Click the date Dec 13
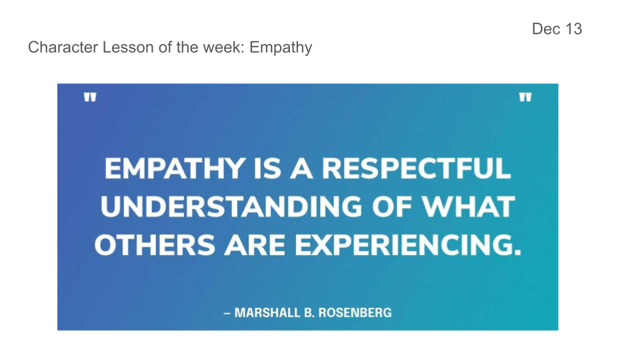coord(557,29)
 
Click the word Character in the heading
coord(63,47)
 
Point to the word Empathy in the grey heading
coord(281,48)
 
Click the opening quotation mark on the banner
coord(90,97)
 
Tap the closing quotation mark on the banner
coord(525,97)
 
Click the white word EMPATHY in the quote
coord(175,169)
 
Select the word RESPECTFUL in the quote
coord(416,169)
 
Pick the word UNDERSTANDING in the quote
coord(231,207)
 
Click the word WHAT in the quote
coord(468,207)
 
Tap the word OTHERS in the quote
coord(155,245)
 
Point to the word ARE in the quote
coord(255,245)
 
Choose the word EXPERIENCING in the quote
coord(408,245)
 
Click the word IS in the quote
coord(268,169)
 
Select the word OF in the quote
coord(392,207)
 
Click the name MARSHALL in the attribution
coord(267,313)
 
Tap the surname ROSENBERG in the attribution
coord(355,313)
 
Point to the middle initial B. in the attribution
coord(309,313)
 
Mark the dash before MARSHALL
coord(227,313)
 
